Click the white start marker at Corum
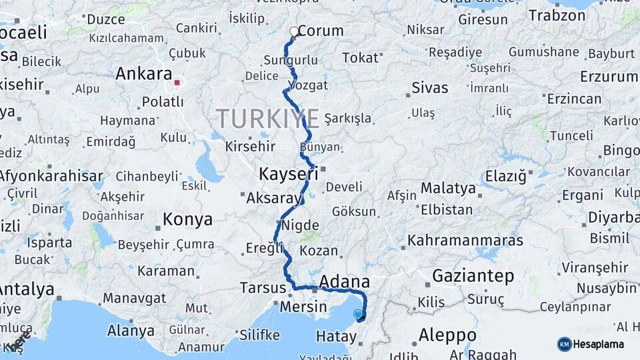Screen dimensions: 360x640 (x=294, y=31)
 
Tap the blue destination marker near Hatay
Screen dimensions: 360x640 (x=359, y=314)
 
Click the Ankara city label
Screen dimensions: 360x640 (x=143, y=74)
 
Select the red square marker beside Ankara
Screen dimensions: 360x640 (x=177, y=83)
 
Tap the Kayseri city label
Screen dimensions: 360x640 (x=288, y=175)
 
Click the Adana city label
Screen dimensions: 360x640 (x=345, y=281)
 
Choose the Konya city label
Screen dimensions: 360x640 (x=187, y=219)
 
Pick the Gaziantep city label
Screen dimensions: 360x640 (x=473, y=275)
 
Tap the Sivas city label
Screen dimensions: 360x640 (x=429, y=87)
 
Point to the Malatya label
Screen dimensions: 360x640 (x=447, y=189)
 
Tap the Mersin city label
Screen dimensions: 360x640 (x=303, y=307)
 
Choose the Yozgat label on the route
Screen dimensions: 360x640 (x=309, y=85)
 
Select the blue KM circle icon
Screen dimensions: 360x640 (x=564, y=344)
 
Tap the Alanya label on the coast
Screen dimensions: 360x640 (x=131, y=331)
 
